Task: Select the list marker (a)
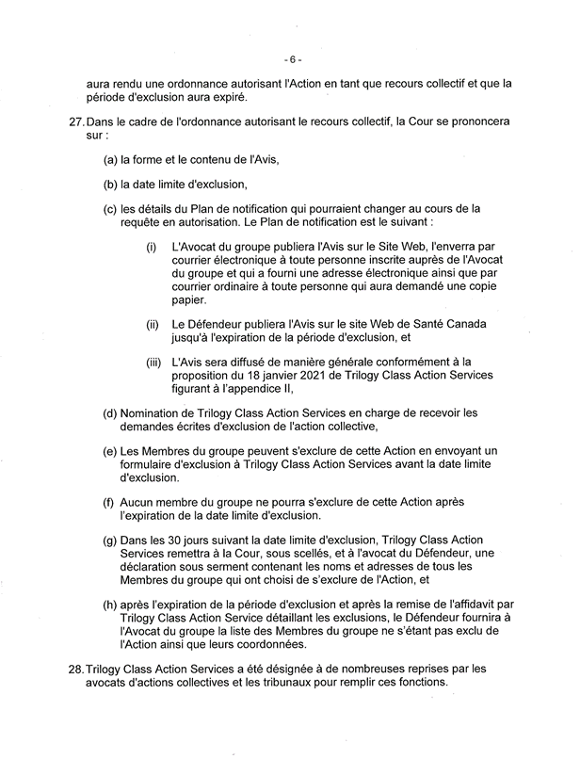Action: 110,159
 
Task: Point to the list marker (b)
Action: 110,184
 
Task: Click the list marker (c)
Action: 110,208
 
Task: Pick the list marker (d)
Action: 110,412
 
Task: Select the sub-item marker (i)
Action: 151,247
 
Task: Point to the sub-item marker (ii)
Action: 152,325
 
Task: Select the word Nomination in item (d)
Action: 150,412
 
